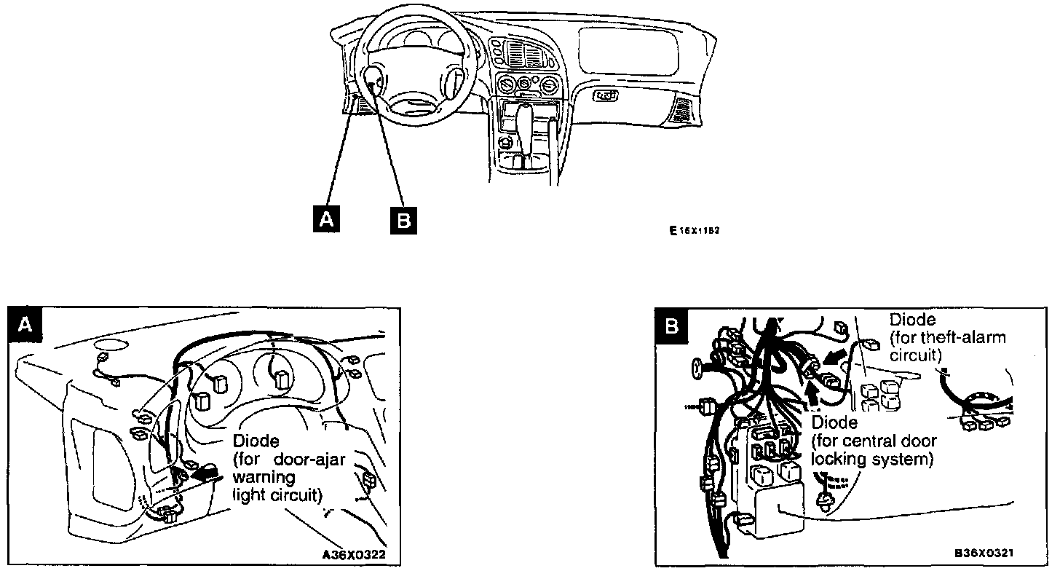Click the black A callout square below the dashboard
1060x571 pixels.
(x=325, y=218)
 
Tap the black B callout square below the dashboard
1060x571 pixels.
(x=403, y=219)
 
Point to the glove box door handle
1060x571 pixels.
(x=606, y=95)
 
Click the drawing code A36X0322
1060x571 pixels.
(x=353, y=554)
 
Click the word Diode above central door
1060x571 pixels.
(x=834, y=422)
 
